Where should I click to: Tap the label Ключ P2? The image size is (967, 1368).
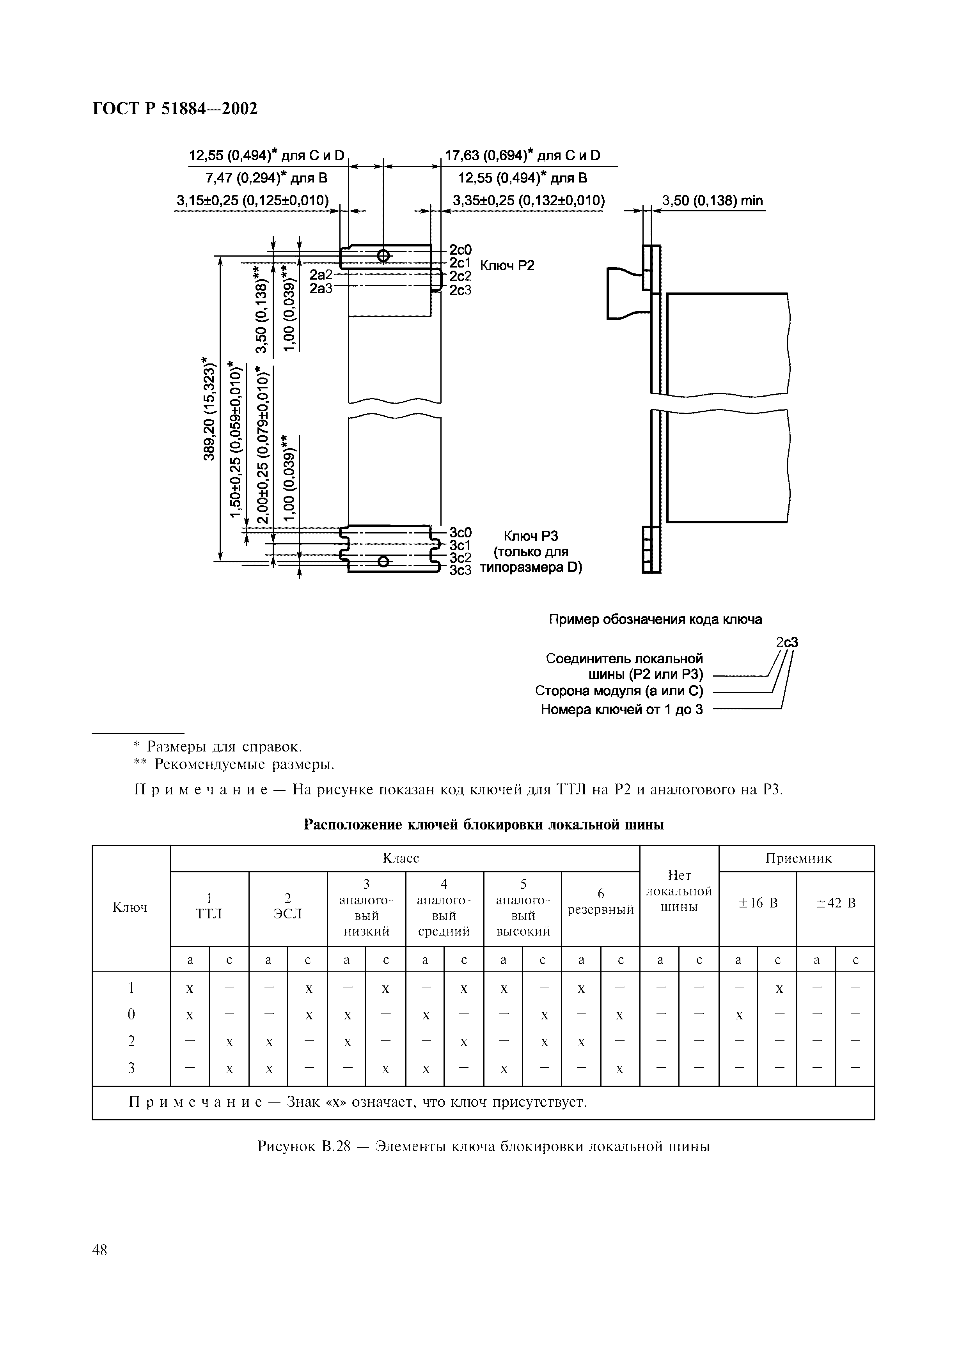click(x=507, y=265)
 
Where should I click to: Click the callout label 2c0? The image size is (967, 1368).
click(x=460, y=250)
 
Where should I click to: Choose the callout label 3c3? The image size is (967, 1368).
click(x=460, y=570)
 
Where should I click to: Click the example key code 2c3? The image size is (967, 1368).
click(x=786, y=642)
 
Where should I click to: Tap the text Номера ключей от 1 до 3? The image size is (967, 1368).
click(x=621, y=710)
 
